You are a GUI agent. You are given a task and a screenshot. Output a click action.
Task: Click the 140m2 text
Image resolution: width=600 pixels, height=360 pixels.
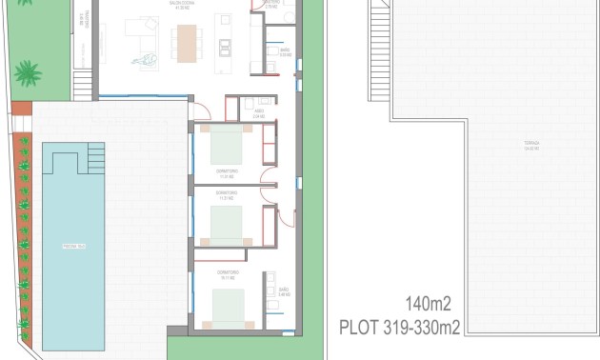coord(428,305)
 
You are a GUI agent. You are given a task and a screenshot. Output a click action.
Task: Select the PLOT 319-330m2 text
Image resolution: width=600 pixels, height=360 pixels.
coord(400,329)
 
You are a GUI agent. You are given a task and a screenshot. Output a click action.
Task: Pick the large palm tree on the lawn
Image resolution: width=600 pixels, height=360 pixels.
coord(29,73)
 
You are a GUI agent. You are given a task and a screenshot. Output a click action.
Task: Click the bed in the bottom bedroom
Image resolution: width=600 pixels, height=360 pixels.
coord(227,310)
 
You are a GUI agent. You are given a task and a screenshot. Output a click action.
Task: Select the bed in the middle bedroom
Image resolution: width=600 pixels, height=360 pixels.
coord(227,225)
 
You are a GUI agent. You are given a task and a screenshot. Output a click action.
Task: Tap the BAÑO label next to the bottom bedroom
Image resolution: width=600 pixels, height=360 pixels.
coord(283,292)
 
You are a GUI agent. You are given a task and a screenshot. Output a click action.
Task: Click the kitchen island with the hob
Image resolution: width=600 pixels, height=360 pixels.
coord(225,44)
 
